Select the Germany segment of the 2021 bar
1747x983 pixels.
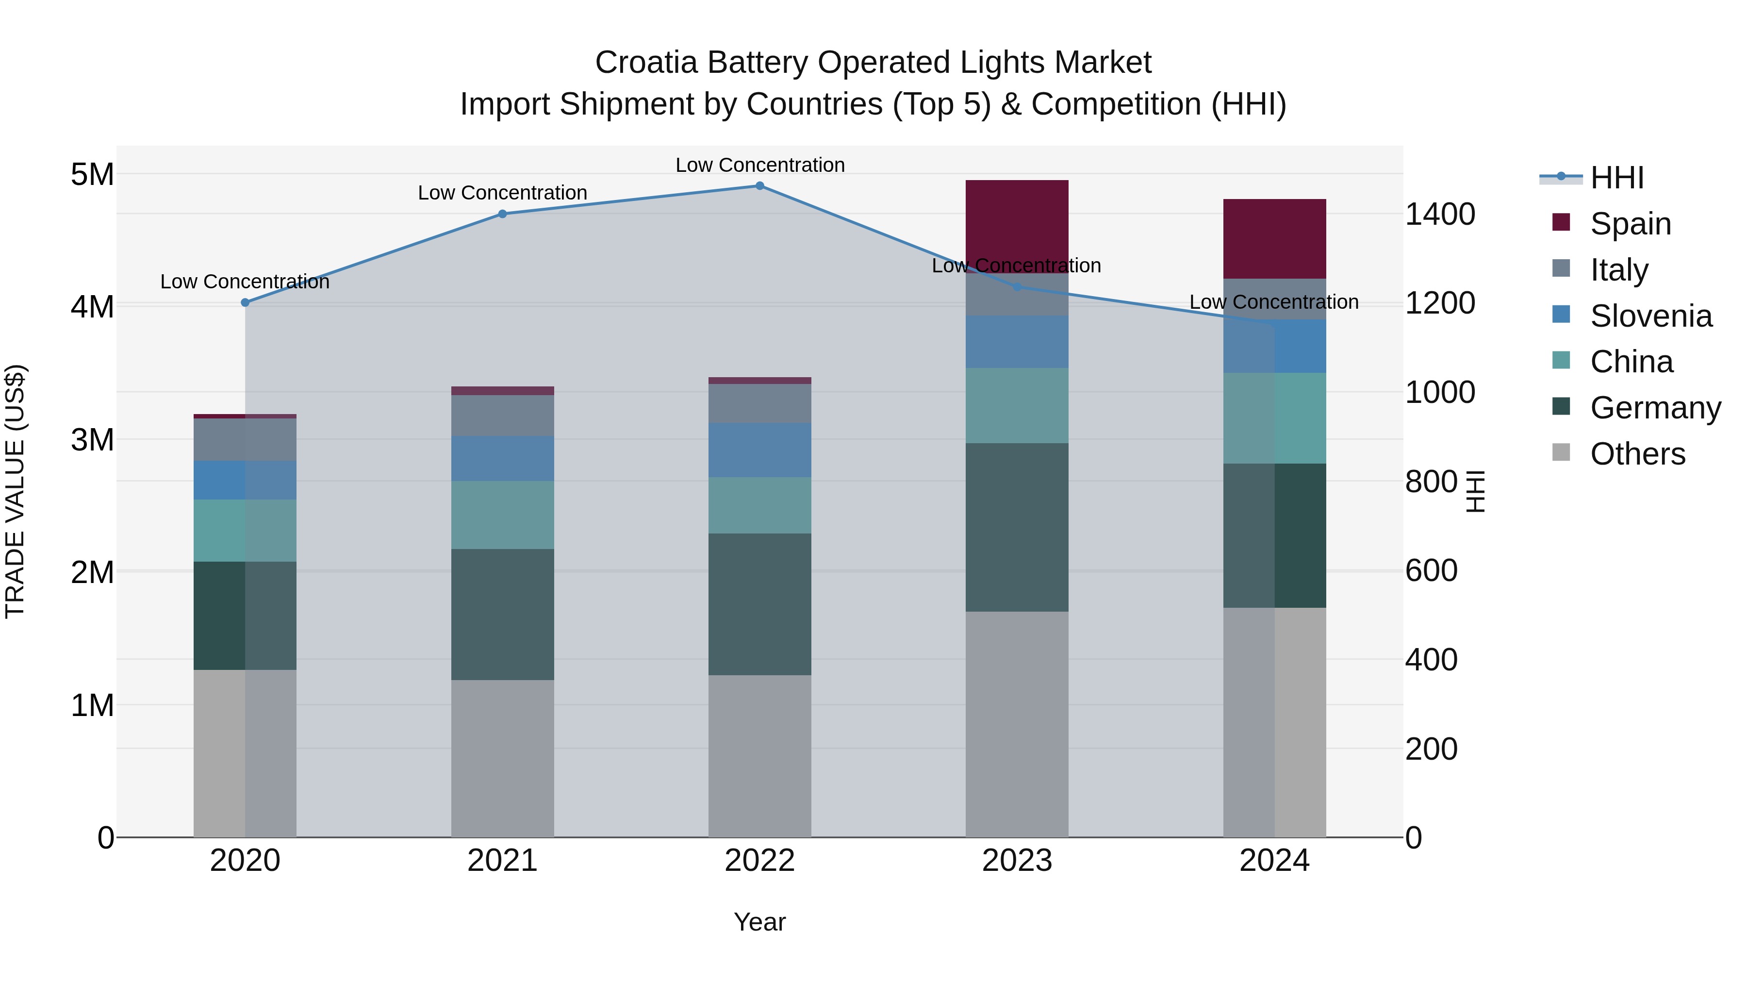coord(503,614)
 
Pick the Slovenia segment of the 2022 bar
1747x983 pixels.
coord(759,450)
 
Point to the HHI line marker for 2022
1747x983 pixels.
coord(759,186)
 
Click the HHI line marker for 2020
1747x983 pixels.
coord(246,302)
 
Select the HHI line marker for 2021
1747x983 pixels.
coord(503,214)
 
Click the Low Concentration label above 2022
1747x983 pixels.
coord(759,165)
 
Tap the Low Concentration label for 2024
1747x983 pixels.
coord(1274,302)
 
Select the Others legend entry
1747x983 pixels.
coord(1637,454)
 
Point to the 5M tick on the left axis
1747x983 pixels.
coord(92,174)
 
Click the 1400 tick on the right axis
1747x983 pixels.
coord(1440,215)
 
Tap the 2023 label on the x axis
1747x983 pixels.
coord(1017,861)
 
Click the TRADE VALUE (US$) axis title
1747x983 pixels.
coord(15,491)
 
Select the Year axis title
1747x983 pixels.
coord(759,922)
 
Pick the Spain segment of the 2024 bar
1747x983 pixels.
coord(1274,238)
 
